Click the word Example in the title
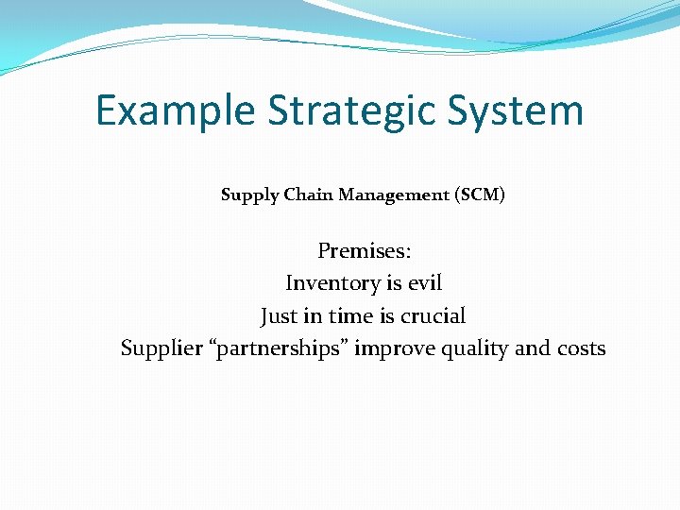[175, 111]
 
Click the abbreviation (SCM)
[480, 195]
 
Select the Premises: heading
[364, 251]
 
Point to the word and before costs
[533, 348]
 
